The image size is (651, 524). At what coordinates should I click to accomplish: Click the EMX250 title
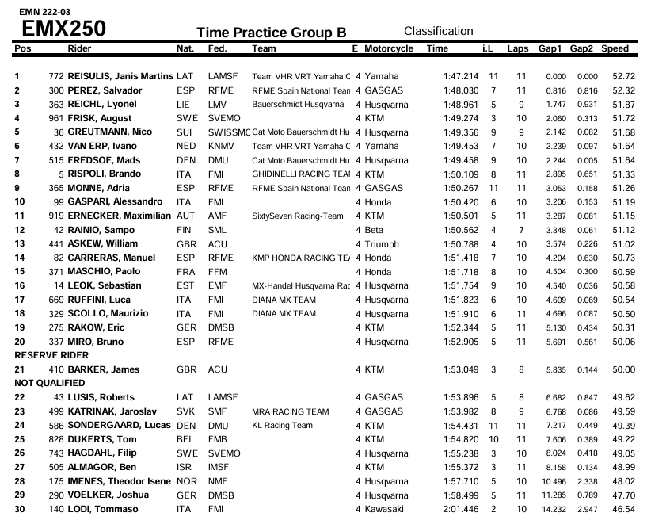63,29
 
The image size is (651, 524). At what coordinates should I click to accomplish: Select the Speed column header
615,49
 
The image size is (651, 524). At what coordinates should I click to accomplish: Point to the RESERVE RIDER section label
51,356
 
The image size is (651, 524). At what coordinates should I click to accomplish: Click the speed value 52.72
623,77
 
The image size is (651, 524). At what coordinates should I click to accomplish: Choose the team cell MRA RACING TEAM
290,411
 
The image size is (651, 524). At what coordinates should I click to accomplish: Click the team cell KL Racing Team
282,426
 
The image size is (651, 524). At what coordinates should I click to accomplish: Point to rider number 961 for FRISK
55,118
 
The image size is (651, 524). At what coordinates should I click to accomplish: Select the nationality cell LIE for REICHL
184,105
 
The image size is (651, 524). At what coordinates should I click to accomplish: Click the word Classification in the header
438,31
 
